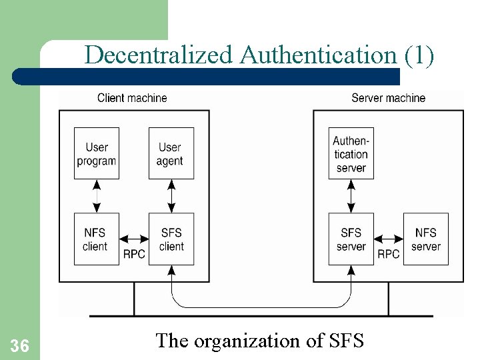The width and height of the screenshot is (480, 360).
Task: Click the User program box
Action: click(97, 153)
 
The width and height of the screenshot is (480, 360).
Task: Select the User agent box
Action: click(171, 153)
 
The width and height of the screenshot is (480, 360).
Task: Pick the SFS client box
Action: click(171, 239)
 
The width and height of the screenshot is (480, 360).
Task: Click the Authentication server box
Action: click(351, 153)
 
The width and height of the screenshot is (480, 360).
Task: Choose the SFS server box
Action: click(351, 239)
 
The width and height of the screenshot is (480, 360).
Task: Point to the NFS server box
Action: click(426, 239)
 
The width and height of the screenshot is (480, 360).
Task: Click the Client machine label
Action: click(132, 98)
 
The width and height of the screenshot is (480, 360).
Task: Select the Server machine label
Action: click(388, 98)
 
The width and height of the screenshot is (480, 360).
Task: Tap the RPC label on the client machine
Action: click(134, 254)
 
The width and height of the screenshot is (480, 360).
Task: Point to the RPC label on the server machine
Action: click(389, 254)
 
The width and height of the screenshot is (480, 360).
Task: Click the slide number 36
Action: click(19, 345)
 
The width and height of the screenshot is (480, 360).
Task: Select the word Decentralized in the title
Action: click(160, 55)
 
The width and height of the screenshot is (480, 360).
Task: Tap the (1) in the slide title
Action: click(419, 55)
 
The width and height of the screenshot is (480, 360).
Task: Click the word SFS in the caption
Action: click(347, 341)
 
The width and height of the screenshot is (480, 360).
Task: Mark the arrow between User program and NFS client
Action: click(97, 196)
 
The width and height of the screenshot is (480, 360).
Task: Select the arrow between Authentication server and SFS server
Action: click(351, 196)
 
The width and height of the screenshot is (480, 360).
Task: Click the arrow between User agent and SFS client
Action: click(171, 196)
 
